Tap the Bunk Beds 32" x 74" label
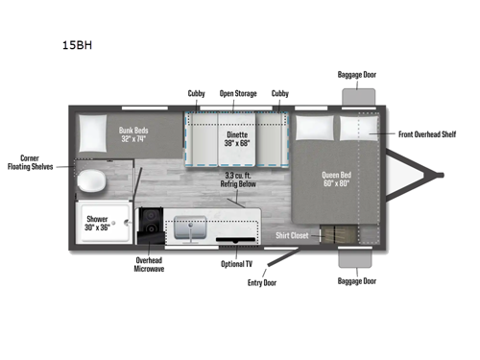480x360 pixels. [x=135, y=133]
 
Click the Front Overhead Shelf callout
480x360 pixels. [x=427, y=134]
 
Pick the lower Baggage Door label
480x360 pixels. [x=356, y=281]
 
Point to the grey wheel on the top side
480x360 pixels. [x=357, y=97]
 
